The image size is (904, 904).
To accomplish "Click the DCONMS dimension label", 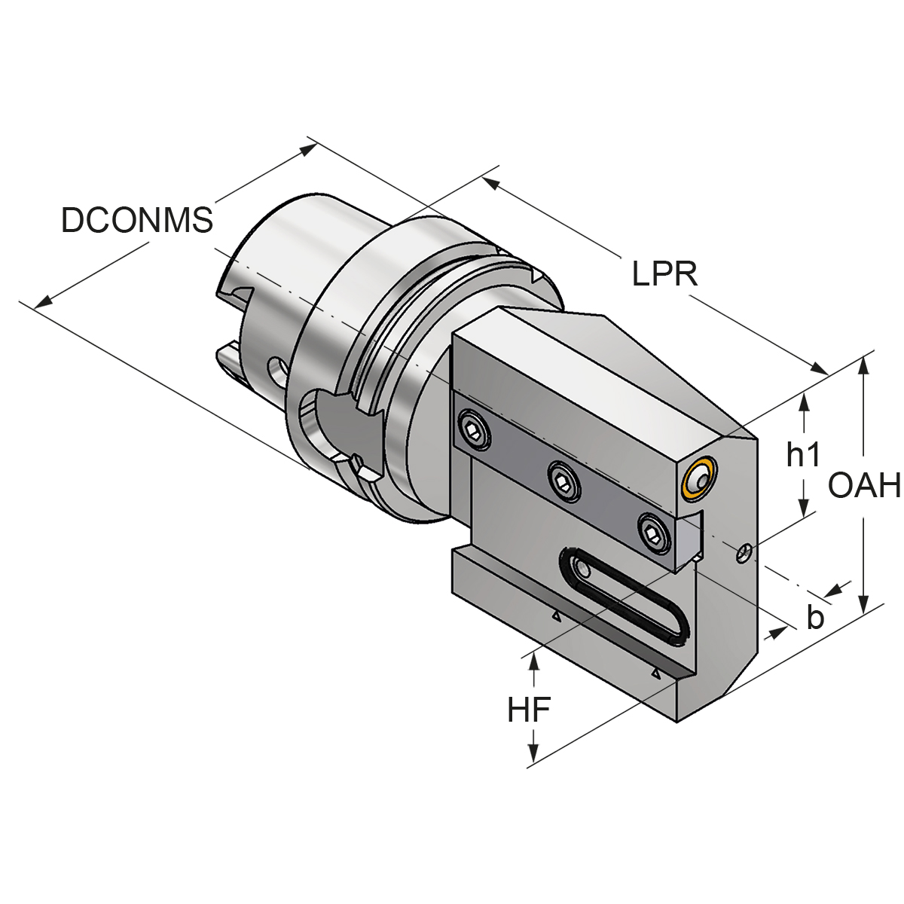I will click(x=137, y=220).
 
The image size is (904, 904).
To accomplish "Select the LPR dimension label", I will click(x=664, y=273).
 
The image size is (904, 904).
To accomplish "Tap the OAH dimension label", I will click(x=864, y=486).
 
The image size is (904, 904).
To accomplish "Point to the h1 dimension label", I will click(x=802, y=454).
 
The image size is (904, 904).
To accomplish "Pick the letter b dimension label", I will click(x=814, y=618).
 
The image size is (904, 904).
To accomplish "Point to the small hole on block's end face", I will click(x=744, y=554).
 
